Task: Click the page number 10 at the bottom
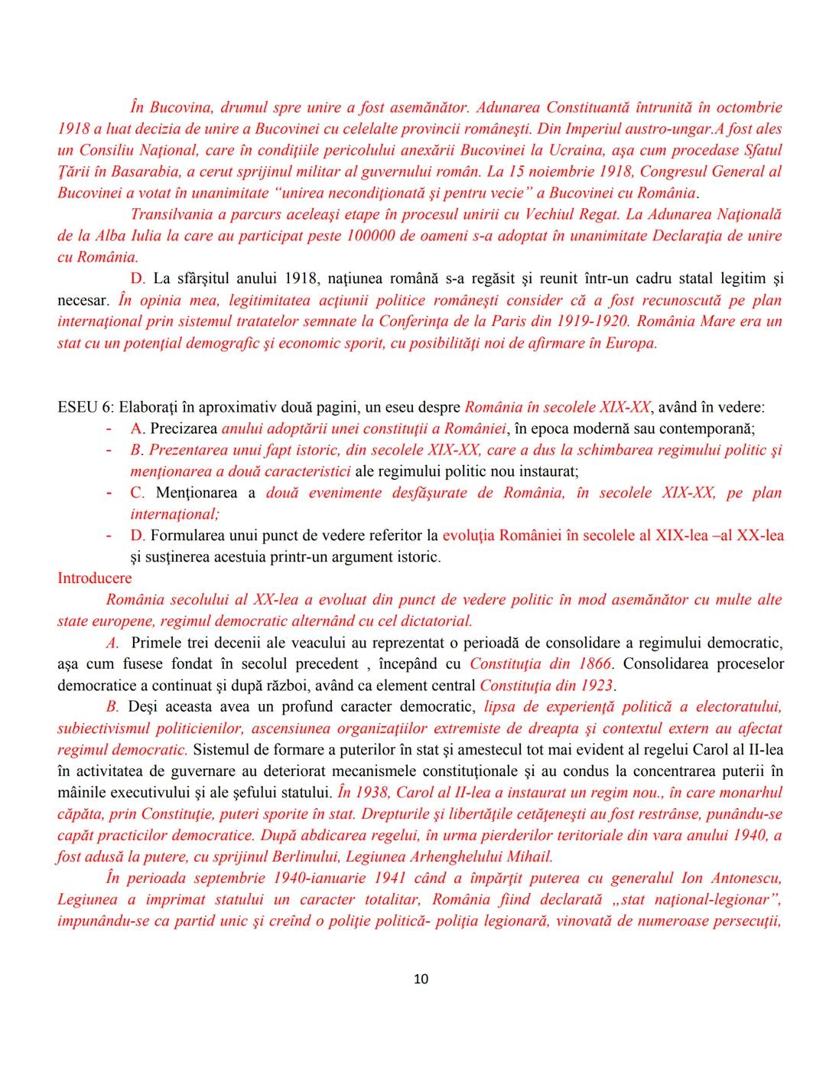pos(421,979)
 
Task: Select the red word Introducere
pos(94,578)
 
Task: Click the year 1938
pos(366,792)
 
